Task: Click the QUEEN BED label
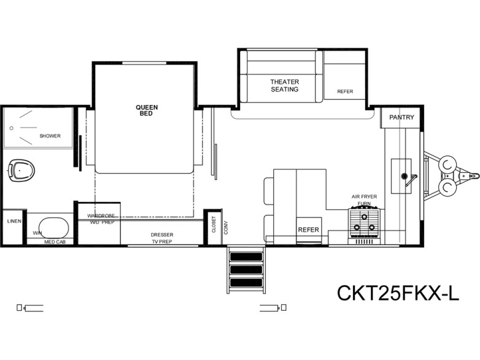[x=147, y=111]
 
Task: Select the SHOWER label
[x=50, y=136]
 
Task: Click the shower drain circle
[x=12, y=128]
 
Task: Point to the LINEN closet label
[x=14, y=221]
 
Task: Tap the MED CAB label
[x=55, y=242]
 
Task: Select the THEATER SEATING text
[x=284, y=85]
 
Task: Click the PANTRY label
[x=401, y=117]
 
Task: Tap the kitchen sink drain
[x=404, y=176]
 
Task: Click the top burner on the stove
[x=364, y=217]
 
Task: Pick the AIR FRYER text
[x=364, y=197]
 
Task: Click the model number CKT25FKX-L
[x=398, y=293]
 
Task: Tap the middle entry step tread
[x=246, y=270]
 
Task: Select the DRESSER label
[x=162, y=235]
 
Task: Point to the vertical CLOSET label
[x=214, y=225]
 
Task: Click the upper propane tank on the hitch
[x=447, y=163]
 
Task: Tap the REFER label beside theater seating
[x=345, y=92]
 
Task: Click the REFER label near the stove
[x=309, y=230]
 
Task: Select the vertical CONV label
[x=226, y=228]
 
